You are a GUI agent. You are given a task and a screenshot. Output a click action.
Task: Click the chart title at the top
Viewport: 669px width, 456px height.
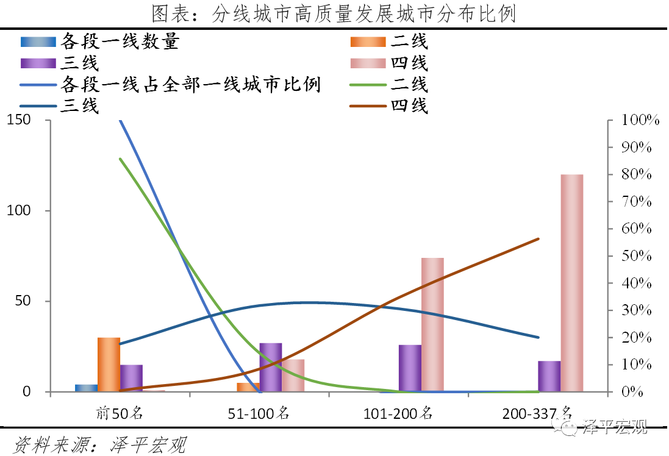334,13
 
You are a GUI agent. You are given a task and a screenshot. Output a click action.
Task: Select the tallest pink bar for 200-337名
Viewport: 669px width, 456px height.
571,283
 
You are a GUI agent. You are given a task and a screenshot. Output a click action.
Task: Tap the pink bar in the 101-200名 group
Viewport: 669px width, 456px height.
432,324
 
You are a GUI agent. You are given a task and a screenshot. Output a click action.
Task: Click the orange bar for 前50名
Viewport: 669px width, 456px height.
109,364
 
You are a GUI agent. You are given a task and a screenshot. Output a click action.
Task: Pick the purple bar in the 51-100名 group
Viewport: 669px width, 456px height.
271,367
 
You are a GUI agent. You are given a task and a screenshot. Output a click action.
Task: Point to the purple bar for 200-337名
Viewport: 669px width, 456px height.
549,376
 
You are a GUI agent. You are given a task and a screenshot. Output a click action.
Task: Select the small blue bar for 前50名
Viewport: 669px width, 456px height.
86,388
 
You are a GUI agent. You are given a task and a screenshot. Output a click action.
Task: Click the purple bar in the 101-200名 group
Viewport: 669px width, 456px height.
410,368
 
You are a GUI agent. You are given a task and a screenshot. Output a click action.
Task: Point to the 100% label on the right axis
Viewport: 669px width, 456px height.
640,120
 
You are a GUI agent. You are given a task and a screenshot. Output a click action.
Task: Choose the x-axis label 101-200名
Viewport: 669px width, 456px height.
398,413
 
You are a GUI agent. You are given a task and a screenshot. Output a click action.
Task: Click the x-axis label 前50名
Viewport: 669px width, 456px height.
120,413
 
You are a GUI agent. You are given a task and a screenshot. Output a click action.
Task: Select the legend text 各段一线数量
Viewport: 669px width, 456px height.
120,41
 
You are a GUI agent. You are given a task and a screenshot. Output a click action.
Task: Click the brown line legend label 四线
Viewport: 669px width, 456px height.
410,105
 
